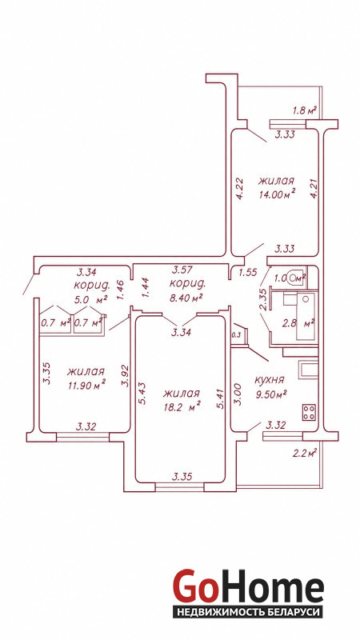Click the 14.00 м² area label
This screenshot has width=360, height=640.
pyautogui.click(x=277, y=194)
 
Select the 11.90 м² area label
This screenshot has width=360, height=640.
pyautogui.click(x=86, y=385)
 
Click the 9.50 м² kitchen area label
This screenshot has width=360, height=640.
pyautogui.click(x=270, y=394)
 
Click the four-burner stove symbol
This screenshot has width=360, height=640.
pyautogui.click(x=308, y=412)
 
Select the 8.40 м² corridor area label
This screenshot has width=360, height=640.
pyautogui.click(x=186, y=298)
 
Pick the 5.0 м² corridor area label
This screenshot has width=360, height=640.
pyautogui.click(x=90, y=299)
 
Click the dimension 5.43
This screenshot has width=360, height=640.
pyautogui.click(x=142, y=394)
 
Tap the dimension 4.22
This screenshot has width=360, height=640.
pyautogui.click(x=240, y=188)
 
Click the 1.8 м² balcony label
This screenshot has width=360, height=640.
pyautogui.click(x=305, y=110)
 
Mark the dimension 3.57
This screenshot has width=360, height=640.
pyautogui.click(x=182, y=270)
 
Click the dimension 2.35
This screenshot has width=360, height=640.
pyautogui.click(x=264, y=300)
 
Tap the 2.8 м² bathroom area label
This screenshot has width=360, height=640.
pyautogui.click(x=298, y=324)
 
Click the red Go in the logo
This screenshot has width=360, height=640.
pyautogui.click(x=194, y=587)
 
